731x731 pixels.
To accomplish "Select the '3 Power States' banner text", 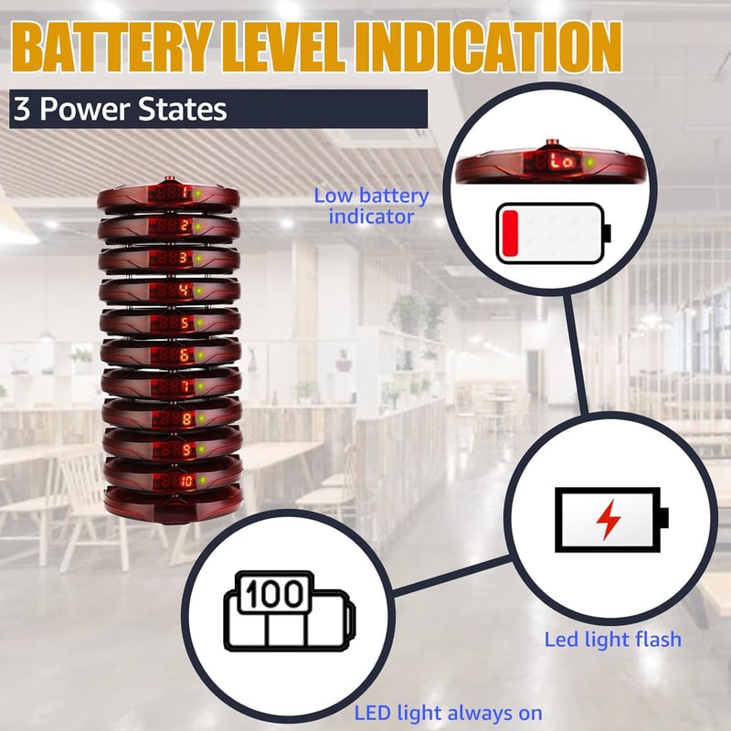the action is click(121, 109).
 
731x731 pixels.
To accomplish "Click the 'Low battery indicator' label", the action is click(371, 207).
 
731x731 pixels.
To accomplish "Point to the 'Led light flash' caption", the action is click(612, 639).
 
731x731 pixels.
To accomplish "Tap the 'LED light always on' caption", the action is click(448, 714).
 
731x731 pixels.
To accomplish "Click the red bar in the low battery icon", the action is click(511, 233).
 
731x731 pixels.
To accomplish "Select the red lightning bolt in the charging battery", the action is click(609, 520).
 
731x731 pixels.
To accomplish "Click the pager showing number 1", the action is click(168, 196).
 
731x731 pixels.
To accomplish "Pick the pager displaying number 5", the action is click(170, 323).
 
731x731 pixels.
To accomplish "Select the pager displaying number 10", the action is click(173, 481).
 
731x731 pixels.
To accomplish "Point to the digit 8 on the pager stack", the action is click(186, 418).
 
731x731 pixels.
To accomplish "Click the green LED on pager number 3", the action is click(198, 259).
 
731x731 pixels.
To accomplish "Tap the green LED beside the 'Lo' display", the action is click(590, 163).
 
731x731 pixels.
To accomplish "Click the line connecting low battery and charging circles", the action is click(577, 355).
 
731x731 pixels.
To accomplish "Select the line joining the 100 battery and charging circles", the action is click(452, 576).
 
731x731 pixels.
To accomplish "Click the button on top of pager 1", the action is click(169, 179).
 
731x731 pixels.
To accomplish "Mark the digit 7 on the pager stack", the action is click(185, 386).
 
